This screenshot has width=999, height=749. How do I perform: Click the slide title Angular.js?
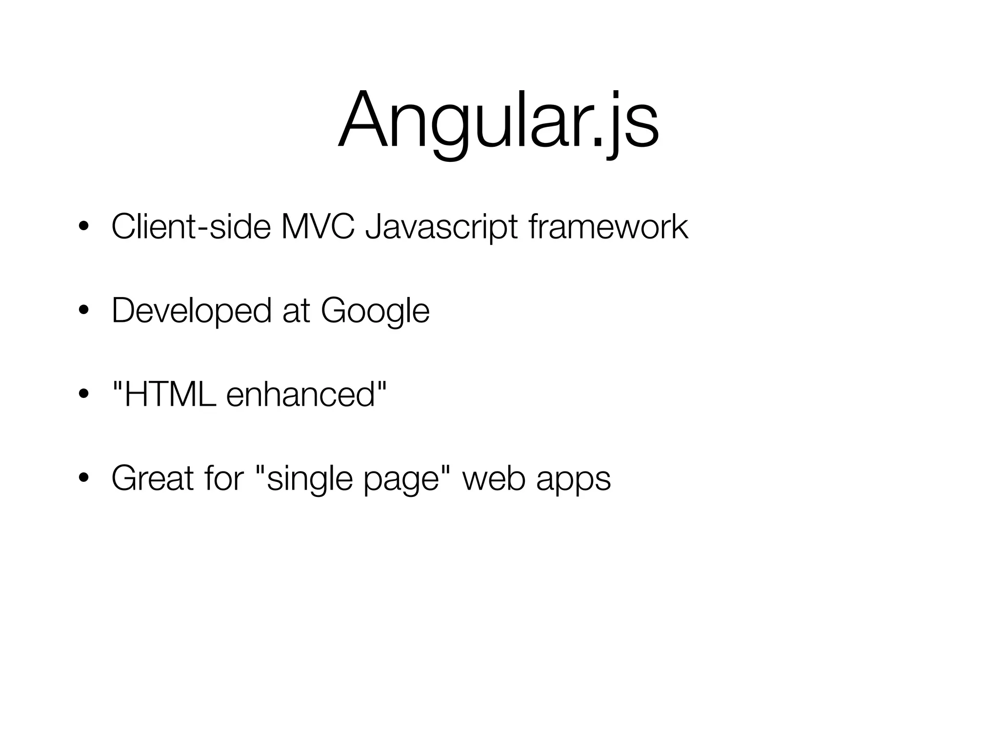[x=499, y=122]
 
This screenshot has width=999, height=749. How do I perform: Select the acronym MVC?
[x=318, y=227]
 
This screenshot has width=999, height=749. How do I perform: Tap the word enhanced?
[x=300, y=394]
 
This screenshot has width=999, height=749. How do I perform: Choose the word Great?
[x=153, y=478]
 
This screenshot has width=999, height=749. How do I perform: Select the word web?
[x=492, y=478]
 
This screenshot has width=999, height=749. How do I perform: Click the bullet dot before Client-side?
[x=84, y=228]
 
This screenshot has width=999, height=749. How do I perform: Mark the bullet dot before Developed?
[x=84, y=312]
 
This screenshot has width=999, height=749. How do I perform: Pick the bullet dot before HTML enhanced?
[x=84, y=395]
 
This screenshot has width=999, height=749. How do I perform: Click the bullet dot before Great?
[x=84, y=479]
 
